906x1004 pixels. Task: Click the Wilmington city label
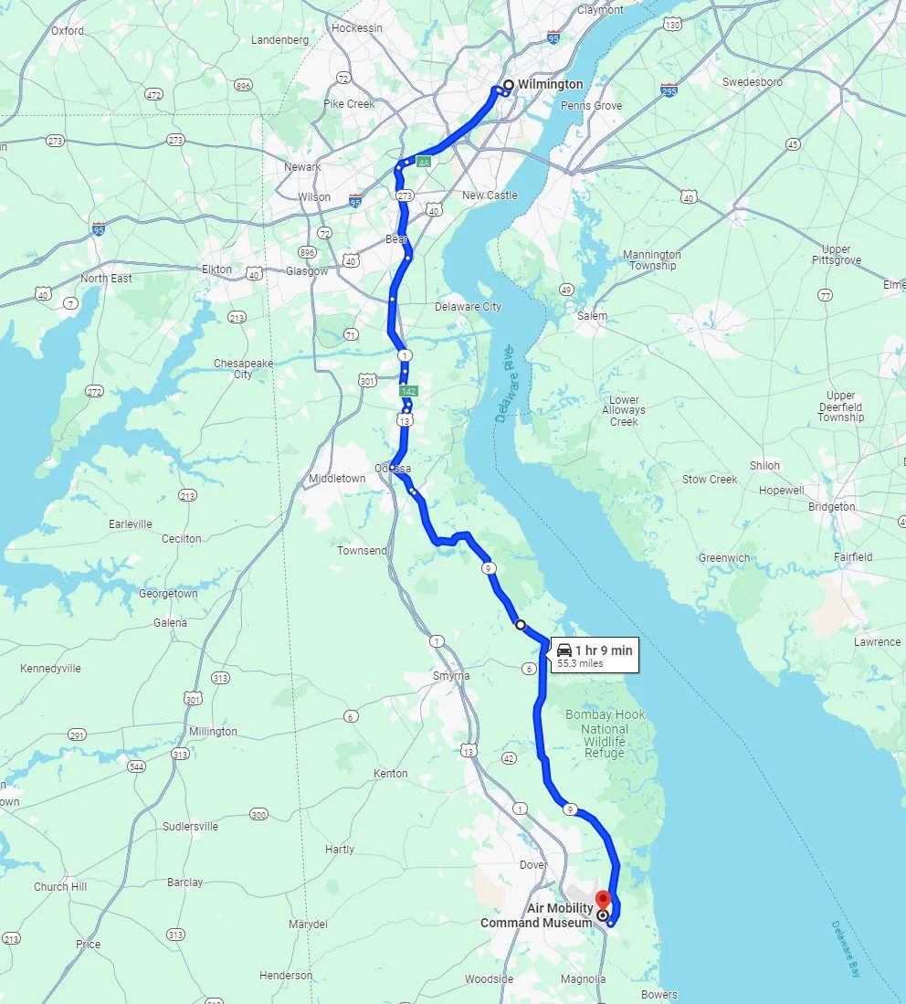pos(550,84)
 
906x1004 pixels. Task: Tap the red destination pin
pos(602,901)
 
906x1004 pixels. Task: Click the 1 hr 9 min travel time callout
pos(594,655)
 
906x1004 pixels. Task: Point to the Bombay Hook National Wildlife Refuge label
pos(605,734)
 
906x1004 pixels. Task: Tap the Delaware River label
pos(507,385)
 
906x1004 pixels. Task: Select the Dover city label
pos(532,864)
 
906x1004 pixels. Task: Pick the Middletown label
pos(336,479)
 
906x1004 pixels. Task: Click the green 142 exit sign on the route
pos(409,391)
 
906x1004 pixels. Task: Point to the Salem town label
pos(592,316)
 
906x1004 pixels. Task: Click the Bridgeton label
pos(831,506)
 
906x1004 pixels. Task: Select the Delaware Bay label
pos(846,949)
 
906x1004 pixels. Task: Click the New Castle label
pos(490,196)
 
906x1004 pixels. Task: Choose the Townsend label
pos(362,551)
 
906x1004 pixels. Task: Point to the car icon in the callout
pos(564,650)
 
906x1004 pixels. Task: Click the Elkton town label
pos(216,270)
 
